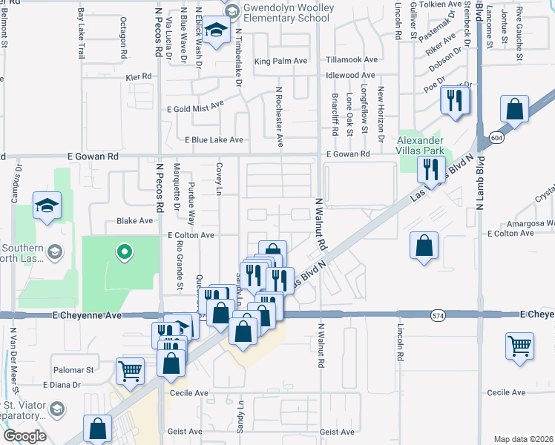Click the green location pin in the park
click(x=125, y=252)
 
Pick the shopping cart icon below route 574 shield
click(x=520, y=346)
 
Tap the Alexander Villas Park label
click(x=420, y=146)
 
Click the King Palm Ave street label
click(x=280, y=61)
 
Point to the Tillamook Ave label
click(x=352, y=60)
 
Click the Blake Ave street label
click(x=134, y=221)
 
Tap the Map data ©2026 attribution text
click(x=523, y=439)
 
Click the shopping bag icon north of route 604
click(x=514, y=110)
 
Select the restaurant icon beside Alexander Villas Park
click(x=431, y=169)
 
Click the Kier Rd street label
click(x=139, y=76)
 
